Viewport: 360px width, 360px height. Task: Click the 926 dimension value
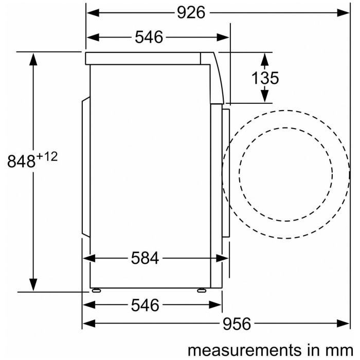[191, 13]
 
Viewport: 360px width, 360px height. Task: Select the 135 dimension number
[265, 78]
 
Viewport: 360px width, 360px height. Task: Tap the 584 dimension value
[145, 258]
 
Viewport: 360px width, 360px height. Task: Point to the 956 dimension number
[237, 324]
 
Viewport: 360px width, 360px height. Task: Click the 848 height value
[22, 161]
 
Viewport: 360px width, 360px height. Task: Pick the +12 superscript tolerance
[47, 157]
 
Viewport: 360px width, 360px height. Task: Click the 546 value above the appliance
[149, 37]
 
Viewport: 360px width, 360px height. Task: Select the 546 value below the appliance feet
[145, 305]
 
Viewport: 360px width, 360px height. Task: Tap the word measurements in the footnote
[244, 350]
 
